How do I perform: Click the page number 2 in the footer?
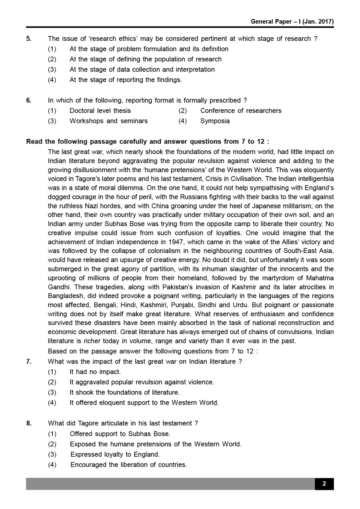[x=324, y=484]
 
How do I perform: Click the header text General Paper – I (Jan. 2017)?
[x=292, y=21]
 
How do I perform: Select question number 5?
[x=29, y=38]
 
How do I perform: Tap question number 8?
[x=29, y=423]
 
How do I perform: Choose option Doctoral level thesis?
[x=100, y=110]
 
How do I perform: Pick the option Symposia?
[x=215, y=121]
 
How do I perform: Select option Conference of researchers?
[x=241, y=110]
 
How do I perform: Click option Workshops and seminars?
[x=109, y=121]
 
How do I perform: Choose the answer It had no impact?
[x=95, y=372]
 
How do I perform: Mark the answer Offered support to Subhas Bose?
[x=120, y=433]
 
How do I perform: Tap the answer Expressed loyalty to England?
[x=115, y=454]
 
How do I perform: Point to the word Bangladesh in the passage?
[x=66, y=296]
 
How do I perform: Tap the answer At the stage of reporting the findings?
[x=126, y=80]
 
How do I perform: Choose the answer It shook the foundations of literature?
[x=124, y=392]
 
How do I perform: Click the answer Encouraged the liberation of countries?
[x=128, y=465]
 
